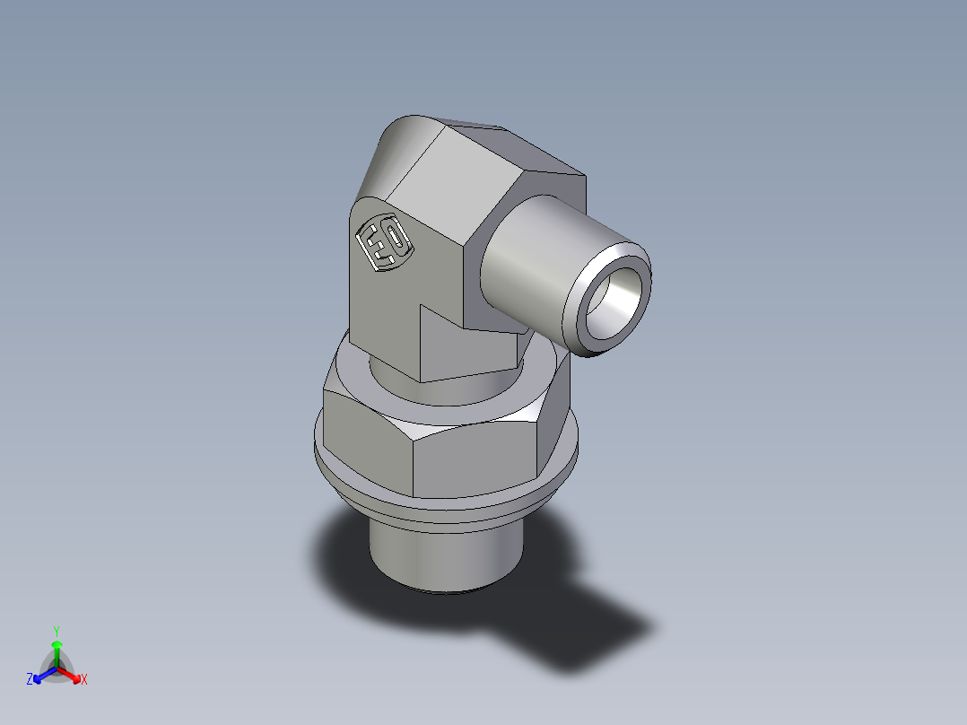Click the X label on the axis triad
[84, 680]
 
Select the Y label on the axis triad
[56, 630]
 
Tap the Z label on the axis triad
[30, 680]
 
